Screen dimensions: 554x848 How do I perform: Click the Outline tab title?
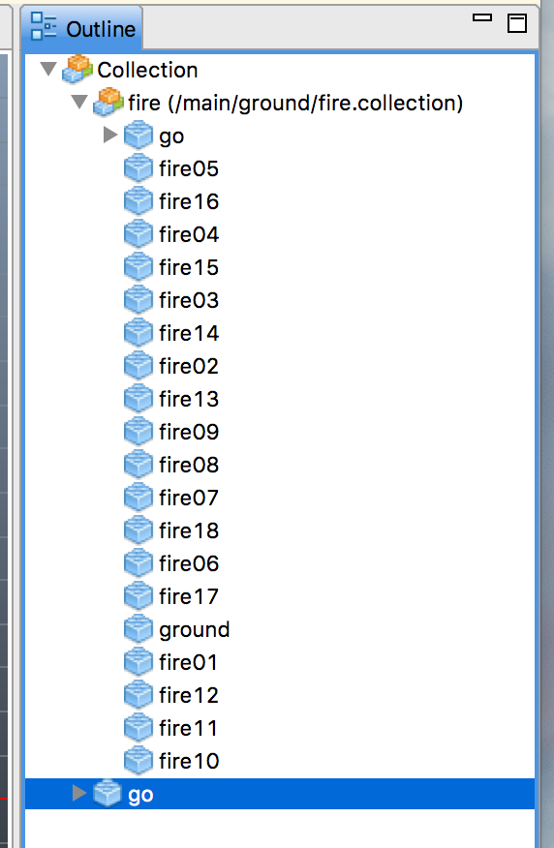(x=101, y=29)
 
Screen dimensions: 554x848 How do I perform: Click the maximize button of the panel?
(x=516, y=23)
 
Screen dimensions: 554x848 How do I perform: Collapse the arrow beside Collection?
(x=48, y=69)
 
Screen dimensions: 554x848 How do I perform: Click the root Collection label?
(x=147, y=70)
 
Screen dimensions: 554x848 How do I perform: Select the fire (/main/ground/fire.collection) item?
(x=295, y=103)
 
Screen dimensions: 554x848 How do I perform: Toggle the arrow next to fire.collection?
(x=79, y=102)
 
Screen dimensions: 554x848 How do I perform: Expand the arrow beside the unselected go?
(x=110, y=135)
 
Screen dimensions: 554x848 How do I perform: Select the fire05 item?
(x=189, y=168)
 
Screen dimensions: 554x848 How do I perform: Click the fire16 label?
(x=189, y=201)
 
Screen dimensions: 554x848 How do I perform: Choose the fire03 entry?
(x=189, y=300)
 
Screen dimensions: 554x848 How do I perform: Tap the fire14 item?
(x=189, y=333)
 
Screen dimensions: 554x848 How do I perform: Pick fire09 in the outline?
(x=189, y=432)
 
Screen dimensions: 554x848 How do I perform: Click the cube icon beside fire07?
(x=138, y=498)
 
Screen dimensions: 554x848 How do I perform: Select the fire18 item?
(x=189, y=530)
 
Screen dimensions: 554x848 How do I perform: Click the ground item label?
(x=195, y=630)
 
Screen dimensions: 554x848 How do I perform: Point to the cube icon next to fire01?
(x=138, y=662)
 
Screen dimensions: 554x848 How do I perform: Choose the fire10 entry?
(x=189, y=761)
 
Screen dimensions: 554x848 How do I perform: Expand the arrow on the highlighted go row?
(x=79, y=793)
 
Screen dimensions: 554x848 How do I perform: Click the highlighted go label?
(x=140, y=795)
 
